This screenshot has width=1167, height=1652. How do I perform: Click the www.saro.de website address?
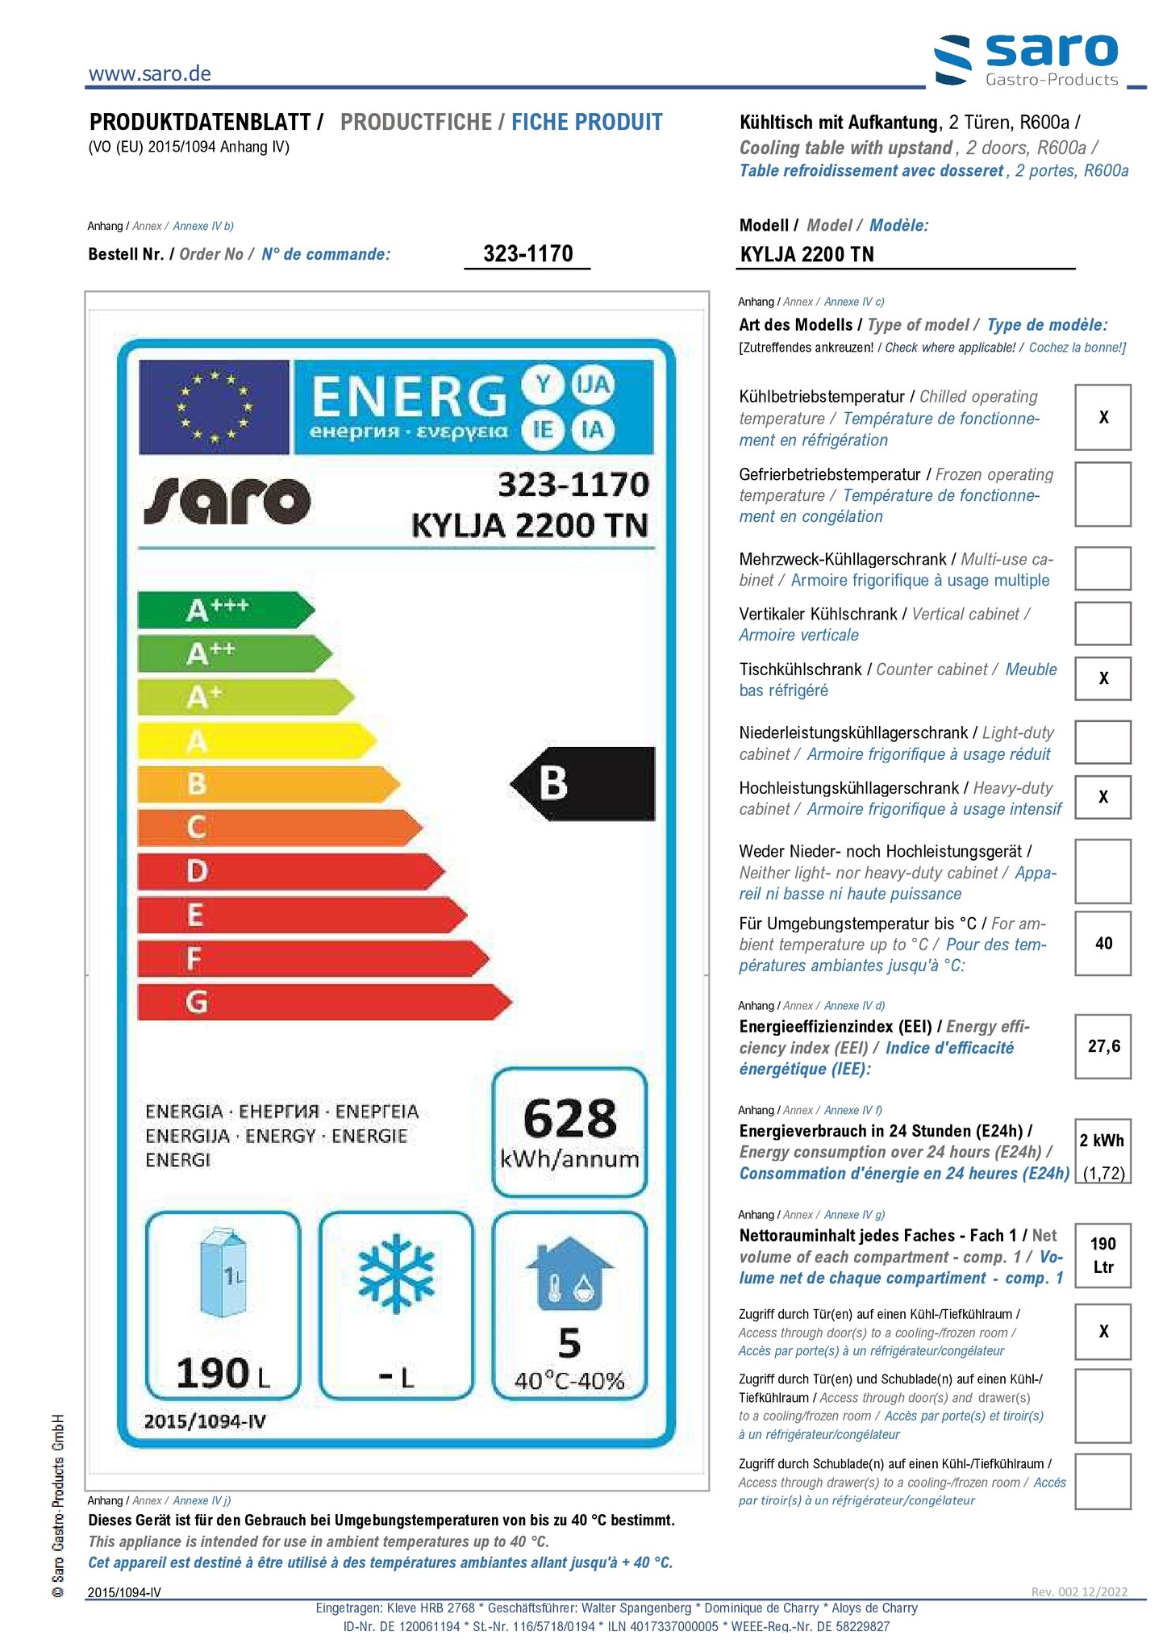[x=149, y=73]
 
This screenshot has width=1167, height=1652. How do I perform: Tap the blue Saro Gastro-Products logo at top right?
[x=1027, y=60]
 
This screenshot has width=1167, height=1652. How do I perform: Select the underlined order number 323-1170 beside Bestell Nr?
[x=527, y=254]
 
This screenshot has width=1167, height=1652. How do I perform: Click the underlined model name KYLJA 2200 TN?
[x=806, y=255]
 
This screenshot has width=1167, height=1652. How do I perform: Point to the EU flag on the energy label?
[x=214, y=407]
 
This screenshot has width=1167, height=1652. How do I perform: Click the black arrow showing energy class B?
[x=583, y=783]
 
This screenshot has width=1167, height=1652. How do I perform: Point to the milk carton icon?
[x=223, y=1273]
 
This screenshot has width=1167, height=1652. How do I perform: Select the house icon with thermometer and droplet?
[x=569, y=1274]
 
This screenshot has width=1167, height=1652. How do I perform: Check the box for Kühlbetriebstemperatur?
[x=1102, y=417]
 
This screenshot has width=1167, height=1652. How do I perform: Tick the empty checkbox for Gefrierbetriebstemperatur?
[x=1102, y=494]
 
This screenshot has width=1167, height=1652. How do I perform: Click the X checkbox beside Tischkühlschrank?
[x=1102, y=678]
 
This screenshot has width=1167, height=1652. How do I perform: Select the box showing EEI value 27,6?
[x=1102, y=1046]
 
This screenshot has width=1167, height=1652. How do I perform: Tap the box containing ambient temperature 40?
[x=1102, y=943]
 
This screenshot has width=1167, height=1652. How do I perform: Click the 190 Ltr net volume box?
[x=1102, y=1255]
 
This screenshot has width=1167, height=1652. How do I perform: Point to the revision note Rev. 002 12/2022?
[x=1079, y=1591]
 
